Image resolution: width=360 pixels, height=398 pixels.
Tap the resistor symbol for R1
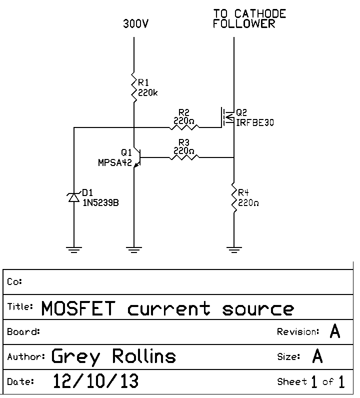pyautogui.click(x=134, y=86)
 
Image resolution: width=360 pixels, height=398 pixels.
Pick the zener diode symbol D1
pyautogui.click(x=74, y=197)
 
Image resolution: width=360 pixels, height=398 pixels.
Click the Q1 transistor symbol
pyautogui.click(x=137, y=158)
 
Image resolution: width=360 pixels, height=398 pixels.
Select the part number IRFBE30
pyautogui.click(x=255, y=122)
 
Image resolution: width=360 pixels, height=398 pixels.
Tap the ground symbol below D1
pyautogui.click(x=74, y=248)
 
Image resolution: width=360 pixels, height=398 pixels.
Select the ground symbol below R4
pyautogui.click(x=234, y=248)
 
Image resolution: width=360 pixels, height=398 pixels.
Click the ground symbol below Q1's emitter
pyautogui.click(x=134, y=248)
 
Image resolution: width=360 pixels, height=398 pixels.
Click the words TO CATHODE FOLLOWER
pyautogui.click(x=249, y=18)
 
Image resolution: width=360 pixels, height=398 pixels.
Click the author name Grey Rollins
pyautogui.click(x=114, y=356)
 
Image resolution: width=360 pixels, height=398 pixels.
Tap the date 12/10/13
pyautogui.click(x=95, y=381)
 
